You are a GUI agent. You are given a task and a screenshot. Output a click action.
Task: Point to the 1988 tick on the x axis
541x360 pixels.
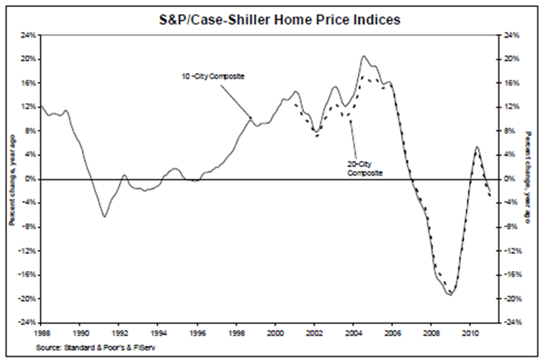tap(41, 332)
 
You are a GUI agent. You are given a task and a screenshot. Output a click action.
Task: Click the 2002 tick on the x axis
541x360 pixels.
tap(314, 332)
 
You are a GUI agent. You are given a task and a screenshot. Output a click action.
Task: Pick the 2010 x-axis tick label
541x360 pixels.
tap(470, 332)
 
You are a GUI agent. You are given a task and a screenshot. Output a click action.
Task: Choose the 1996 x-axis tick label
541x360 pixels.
tap(197, 332)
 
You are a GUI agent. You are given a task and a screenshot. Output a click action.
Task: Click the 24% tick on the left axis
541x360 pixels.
tap(28, 35)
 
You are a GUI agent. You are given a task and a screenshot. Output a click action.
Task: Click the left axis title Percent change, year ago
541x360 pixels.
tap(11, 179)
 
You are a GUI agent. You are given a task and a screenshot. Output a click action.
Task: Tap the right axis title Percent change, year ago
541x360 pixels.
tap(527, 179)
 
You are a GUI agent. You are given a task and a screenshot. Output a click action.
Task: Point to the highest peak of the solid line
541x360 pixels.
tap(364, 55)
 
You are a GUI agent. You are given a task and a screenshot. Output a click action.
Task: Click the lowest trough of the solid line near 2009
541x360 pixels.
tap(450, 295)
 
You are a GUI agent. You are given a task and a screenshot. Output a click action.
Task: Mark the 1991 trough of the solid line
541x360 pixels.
tap(105, 216)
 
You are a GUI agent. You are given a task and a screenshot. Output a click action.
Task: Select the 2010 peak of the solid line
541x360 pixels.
tap(476, 147)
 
